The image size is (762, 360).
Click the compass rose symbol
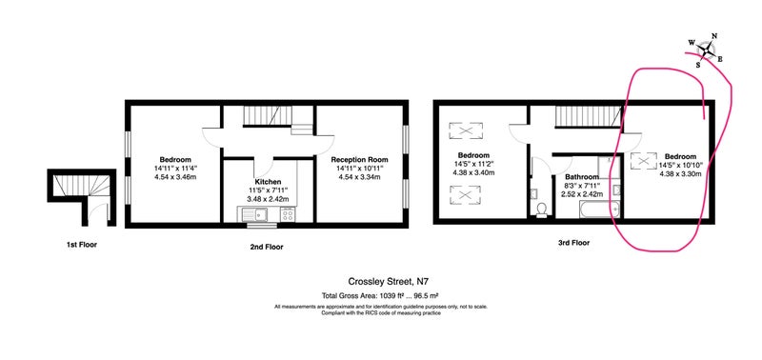706,50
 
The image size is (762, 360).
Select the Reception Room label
359,160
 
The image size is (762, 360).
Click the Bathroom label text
582,177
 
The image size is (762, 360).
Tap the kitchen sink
252,213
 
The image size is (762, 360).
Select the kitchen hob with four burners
288,213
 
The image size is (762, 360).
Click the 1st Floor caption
82,245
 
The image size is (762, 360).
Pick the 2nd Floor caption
267,247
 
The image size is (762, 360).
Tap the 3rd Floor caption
574,243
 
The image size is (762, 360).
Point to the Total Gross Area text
381,295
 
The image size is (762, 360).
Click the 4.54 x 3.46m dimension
175,177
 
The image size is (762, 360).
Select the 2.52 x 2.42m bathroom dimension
582,194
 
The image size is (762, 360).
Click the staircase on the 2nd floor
263,116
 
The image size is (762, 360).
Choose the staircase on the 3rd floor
589,116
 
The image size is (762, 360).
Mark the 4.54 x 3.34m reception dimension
359,177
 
